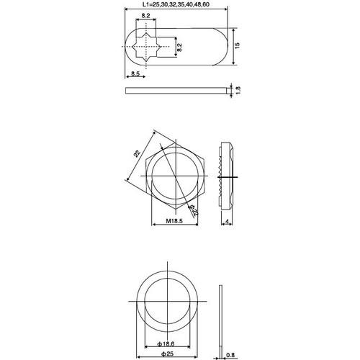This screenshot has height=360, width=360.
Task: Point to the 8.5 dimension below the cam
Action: (137, 73)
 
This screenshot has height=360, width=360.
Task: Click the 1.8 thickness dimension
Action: (238, 90)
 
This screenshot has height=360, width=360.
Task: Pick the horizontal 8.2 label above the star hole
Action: (146, 15)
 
